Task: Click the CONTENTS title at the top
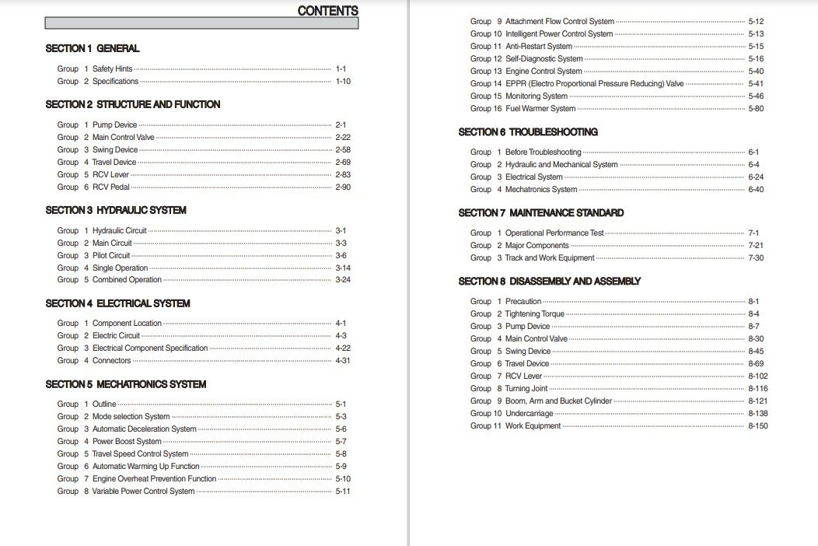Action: click(327, 11)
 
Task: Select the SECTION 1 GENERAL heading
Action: click(93, 48)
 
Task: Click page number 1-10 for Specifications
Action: click(343, 81)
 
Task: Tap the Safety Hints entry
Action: click(112, 68)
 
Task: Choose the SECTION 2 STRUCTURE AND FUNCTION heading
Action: click(133, 104)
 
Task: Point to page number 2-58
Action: click(343, 149)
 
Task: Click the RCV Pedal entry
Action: click(110, 187)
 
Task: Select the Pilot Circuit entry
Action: click(111, 255)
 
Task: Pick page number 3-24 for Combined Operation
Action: click(343, 280)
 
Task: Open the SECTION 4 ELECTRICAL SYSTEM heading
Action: click(117, 303)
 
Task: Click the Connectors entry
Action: click(111, 361)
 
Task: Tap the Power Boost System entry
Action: click(127, 442)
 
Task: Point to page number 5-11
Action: click(343, 492)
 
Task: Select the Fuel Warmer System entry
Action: click(540, 109)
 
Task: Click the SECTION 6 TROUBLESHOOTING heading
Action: click(528, 132)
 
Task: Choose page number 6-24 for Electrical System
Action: click(756, 177)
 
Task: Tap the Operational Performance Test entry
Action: click(554, 233)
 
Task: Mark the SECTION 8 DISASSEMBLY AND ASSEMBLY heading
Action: click(550, 282)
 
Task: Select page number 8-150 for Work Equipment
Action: click(758, 426)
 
